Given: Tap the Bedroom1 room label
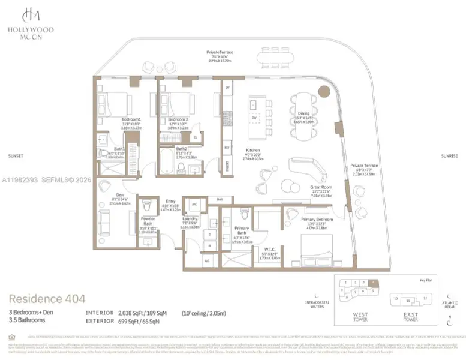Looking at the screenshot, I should point(131,119).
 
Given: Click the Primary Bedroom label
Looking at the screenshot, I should point(316,220).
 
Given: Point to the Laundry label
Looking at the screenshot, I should point(191,219).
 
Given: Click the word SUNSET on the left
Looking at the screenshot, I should point(15,155).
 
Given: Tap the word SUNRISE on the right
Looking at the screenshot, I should point(449,155).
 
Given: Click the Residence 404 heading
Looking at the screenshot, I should point(47,298).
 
